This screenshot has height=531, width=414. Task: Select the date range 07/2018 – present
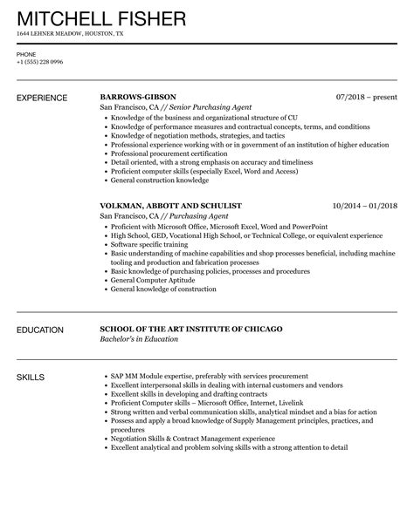[x=366, y=97]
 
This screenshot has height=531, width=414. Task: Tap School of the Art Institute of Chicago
[x=190, y=330]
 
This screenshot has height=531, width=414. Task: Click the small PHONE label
[x=26, y=52]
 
